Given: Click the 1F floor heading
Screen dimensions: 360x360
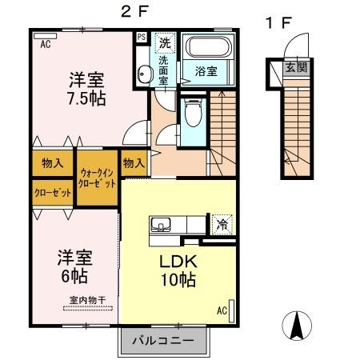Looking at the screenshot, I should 278,24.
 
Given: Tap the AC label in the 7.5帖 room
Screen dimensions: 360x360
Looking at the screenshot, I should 45,45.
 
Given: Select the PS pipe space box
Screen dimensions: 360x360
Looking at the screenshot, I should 142,37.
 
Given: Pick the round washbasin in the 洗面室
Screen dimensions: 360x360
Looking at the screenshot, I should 144,74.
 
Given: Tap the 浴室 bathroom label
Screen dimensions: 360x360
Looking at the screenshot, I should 206,71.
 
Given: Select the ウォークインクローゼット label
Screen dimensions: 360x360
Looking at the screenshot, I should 97,178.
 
